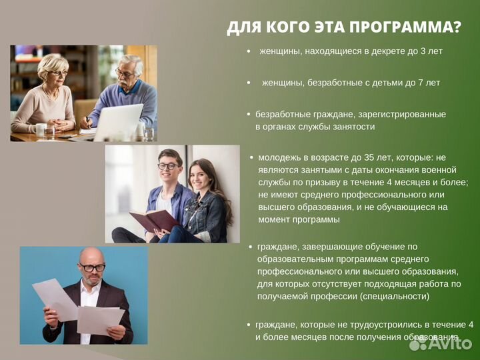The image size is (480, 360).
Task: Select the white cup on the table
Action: pyautogui.click(x=41, y=129)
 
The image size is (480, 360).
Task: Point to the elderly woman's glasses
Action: pyautogui.click(x=57, y=72)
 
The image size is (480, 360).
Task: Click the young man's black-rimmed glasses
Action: pyautogui.click(x=168, y=166)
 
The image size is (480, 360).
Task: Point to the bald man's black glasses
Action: pyautogui.click(x=92, y=267)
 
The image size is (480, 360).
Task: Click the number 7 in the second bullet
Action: pyautogui.click(x=415, y=83)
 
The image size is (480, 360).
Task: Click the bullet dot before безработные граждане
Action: pyautogui.click(x=248, y=115)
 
